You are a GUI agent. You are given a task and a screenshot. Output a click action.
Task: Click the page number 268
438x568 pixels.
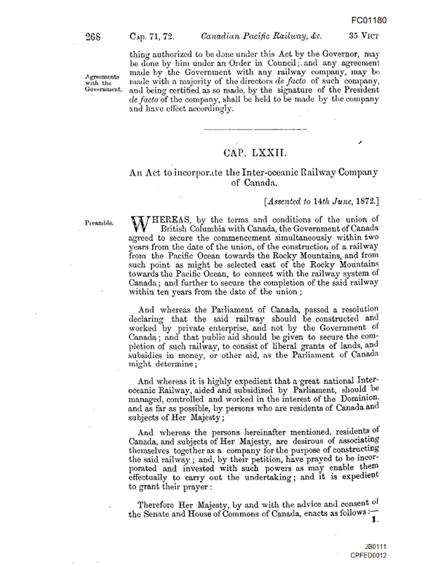pos(95,34)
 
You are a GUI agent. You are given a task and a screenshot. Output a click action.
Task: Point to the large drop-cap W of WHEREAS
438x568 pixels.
pos(139,225)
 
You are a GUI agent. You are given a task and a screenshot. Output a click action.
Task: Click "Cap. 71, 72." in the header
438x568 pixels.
pos(152,34)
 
